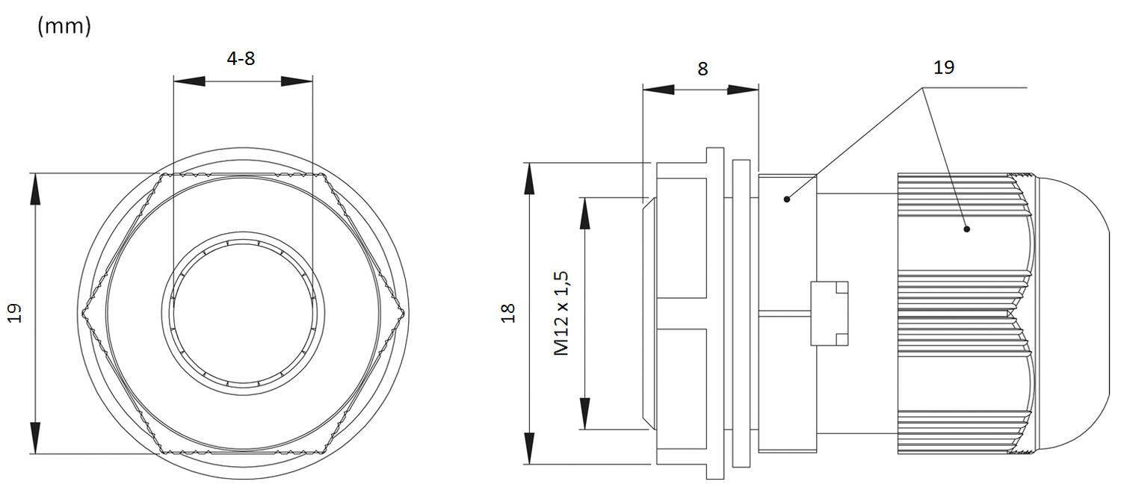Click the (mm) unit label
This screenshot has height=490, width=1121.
(64, 26)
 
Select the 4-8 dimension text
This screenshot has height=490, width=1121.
(241, 58)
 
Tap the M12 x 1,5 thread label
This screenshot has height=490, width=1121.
(563, 313)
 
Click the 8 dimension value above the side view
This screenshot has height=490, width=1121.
(702, 69)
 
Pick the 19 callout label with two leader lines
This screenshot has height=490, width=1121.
(944, 67)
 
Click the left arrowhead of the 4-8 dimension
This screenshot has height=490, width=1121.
(188, 81)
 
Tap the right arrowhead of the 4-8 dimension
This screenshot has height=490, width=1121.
(297, 81)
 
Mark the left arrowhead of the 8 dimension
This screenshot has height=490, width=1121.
(658, 90)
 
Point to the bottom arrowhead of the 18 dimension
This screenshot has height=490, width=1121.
(529, 448)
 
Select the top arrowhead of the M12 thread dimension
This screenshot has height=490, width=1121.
(585, 212)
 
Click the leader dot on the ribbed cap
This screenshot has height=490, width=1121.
(966, 229)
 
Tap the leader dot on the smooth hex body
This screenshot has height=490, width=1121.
(787, 199)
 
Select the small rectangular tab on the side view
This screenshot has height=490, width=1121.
(830, 313)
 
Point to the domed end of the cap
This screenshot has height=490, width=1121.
(1076, 314)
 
